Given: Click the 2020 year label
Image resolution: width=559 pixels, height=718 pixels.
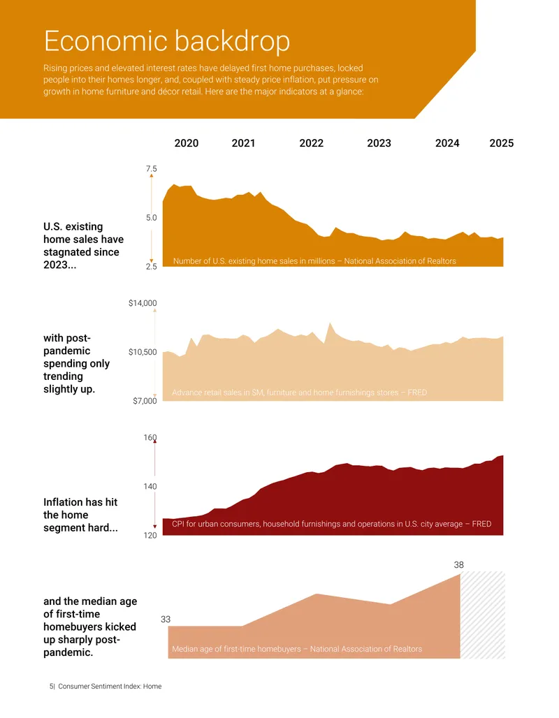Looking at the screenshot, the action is click(x=187, y=143).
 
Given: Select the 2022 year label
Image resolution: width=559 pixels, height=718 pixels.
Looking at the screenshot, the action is click(x=311, y=143).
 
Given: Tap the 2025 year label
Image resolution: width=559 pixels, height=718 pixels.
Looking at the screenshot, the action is click(x=501, y=143).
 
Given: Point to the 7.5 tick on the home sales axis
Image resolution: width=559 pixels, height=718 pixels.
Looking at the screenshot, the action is click(x=151, y=168).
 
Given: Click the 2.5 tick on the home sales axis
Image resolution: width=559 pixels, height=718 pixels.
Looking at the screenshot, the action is click(x=151, y=267).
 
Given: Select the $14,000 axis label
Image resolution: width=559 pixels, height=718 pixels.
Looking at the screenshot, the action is click(x=143, y=303).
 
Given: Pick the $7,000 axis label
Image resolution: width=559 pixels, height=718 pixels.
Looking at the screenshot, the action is click(x=145, y=401).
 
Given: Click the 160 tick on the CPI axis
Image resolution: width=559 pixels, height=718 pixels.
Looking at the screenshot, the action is click(x=150, y=437).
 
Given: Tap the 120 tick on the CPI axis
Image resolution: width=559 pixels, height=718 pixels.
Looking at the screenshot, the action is click(x=150, y=535).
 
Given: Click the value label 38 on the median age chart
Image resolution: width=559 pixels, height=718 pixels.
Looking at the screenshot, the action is click(x=458, y=565).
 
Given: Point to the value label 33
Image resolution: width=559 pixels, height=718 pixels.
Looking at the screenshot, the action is click(x=166, y=620).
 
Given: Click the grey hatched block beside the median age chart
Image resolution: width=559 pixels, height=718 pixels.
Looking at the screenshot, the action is click(x=482, y=615).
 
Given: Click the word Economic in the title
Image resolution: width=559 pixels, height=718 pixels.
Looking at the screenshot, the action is click(x=106, y=41).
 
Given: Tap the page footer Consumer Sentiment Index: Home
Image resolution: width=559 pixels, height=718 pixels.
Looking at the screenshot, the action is click(x=110, y=687).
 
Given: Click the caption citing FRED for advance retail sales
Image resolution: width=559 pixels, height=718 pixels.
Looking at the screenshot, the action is click(x=299, y=393).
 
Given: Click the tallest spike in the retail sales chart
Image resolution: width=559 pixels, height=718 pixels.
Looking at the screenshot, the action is click(x=330, y=323).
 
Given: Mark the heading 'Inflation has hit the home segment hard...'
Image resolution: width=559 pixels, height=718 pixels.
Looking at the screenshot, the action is click(x=80, y=515).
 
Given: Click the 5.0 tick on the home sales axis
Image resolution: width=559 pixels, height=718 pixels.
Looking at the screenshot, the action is click(x=151, y=217).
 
